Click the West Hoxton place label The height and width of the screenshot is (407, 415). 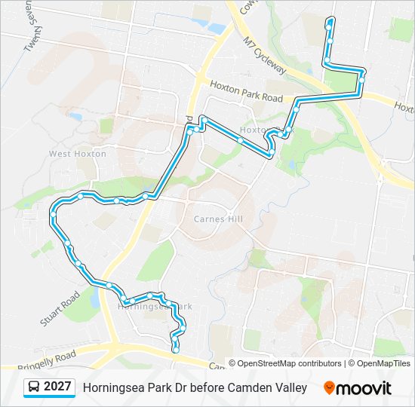click(78, 154)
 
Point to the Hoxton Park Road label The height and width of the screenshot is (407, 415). click(246, 93)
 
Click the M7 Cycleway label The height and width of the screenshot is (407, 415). click(266, 57)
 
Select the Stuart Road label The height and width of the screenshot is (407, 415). click(60, 309)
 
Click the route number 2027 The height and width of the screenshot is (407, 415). click(58, 387)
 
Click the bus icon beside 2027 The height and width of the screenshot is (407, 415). click(34, 387)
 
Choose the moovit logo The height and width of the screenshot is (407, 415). click(358, 387)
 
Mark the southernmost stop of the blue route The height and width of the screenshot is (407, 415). click(176, 349)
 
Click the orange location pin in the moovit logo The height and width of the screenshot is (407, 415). click(329, 387)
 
